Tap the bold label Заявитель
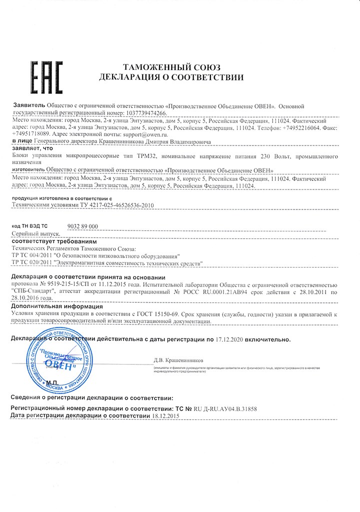[27, 106]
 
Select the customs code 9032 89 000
[82, 226]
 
